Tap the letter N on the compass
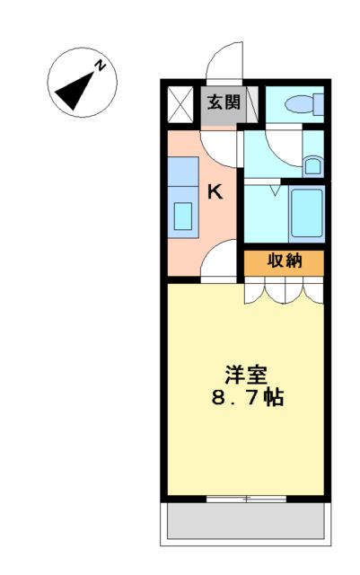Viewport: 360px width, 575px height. click(x=102, y=66)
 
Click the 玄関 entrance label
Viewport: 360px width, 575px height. click(x=224, y=102)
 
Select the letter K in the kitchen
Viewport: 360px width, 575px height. click(x=216, y=191)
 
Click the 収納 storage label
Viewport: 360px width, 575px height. click(x=284, y=261)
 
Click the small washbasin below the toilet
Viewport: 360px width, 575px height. click(x=312, y=164)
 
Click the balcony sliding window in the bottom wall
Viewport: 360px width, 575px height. click(x=244, y=497)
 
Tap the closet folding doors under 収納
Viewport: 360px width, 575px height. click(x=284, y=289)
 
